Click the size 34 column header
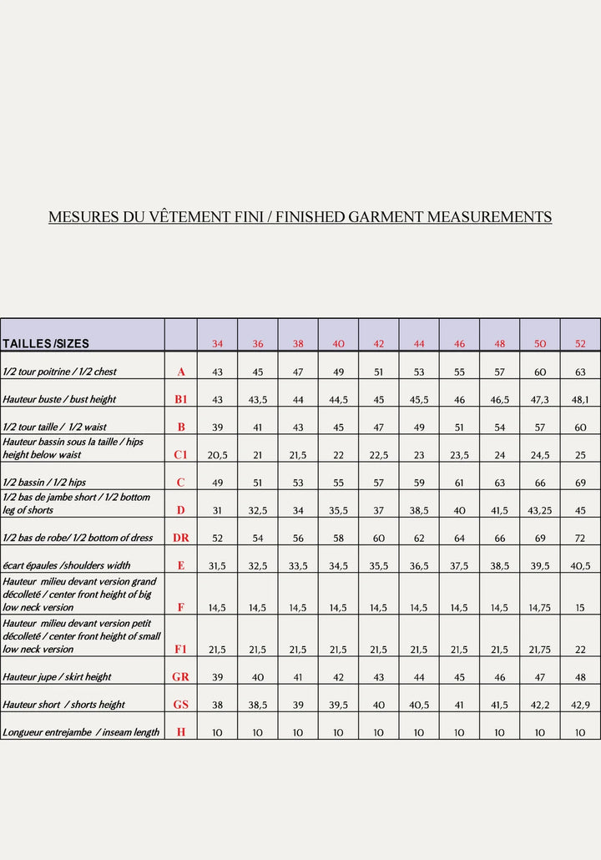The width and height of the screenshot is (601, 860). coord(217,344)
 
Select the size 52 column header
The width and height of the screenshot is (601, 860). coord(580,344)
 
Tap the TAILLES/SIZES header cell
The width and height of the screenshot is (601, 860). coord(46,344)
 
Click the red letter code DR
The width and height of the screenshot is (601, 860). coord(181,538)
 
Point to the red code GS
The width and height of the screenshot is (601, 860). coord(181,704)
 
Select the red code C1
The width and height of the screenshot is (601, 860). coord(181,455)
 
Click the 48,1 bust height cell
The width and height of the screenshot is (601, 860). coord(580,400)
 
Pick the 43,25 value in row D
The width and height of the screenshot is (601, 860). coord(540,510)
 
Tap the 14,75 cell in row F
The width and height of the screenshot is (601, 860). coord(540,608)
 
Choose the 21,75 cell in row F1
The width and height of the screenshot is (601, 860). coord(540,649)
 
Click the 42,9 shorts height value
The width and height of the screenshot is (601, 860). coord(580,705)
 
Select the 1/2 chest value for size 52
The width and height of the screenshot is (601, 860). coord(580,372)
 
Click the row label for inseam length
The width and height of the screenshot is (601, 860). coord(81,732)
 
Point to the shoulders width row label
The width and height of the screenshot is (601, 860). coord(67,565)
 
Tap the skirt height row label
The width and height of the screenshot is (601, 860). coord(57,677)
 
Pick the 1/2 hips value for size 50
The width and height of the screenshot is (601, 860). coord(540,483)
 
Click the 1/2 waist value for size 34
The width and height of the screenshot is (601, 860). coord(217,427)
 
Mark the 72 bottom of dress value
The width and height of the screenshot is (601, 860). coord(580,539)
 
